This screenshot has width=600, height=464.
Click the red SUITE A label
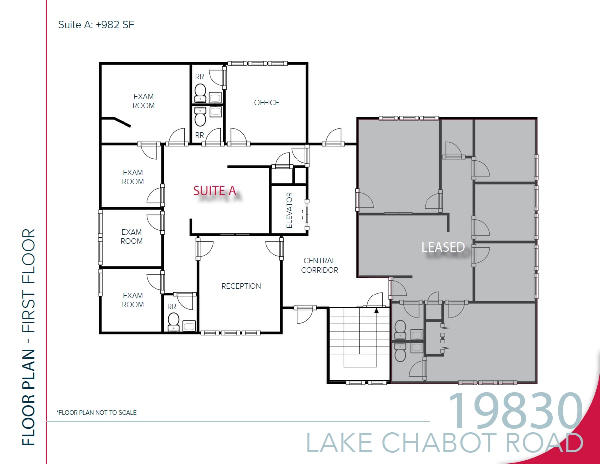(x=214, y=190)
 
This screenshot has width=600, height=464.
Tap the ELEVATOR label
(x=289, y=210)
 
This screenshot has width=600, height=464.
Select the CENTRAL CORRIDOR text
(x=320, y=265)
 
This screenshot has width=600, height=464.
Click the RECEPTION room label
(x=241, y=286)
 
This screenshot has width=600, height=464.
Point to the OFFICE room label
(x=266, y=103)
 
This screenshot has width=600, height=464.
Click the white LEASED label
(x=443, y=247)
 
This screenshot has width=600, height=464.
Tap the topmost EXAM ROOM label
(x=143, y=101)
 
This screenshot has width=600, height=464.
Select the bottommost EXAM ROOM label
(x=133, y=300)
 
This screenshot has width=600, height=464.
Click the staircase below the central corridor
(x=359, y=345)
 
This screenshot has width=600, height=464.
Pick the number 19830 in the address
(x=515, y=412)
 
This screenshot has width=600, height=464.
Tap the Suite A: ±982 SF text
(x=96, y=24)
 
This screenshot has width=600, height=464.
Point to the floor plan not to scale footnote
(x=96, y=413)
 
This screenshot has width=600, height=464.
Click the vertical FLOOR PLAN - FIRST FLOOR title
(x=29, y=337)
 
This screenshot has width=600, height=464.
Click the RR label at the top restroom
(x=199, y=77)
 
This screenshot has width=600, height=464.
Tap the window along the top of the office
(x=257, y=64)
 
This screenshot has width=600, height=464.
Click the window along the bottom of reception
(x=230, y=333)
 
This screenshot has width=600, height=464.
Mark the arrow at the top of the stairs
(x=376, y=310)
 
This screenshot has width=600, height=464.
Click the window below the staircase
(x=367, y=383)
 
